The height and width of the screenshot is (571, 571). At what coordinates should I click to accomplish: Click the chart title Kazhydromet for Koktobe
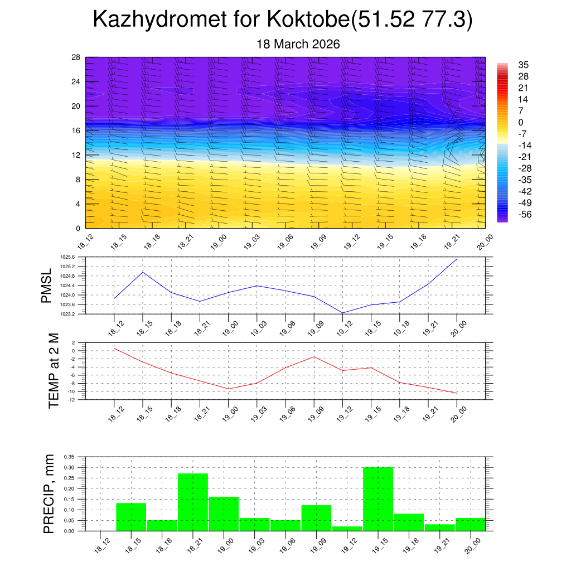pos(282,20)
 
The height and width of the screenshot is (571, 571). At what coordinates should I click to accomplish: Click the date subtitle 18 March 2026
pos(298,44)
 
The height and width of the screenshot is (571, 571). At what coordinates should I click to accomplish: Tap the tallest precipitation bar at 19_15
pos(378,499)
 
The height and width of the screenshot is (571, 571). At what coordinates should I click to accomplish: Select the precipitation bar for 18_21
pos(193,502)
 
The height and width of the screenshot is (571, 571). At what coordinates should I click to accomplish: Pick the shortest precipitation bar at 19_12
pos(347,529)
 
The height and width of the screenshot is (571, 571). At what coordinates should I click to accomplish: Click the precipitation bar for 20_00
pos(470,525)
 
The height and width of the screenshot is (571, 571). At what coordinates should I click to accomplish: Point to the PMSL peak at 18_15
pos(143,272)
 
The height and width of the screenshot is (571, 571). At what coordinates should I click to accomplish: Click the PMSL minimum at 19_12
pos(342,313)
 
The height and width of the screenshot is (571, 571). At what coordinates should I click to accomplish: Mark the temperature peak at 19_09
pos(314,356)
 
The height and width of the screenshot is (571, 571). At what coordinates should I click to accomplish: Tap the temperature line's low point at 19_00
pos(228,389)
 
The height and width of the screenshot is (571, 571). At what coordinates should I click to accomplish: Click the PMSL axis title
pos(46,285)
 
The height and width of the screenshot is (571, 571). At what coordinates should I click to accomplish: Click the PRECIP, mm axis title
pos(49,493)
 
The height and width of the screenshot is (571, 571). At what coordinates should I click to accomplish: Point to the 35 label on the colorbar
pos(523,65)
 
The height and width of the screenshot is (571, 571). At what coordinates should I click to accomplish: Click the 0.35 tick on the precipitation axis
pos(69,457)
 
